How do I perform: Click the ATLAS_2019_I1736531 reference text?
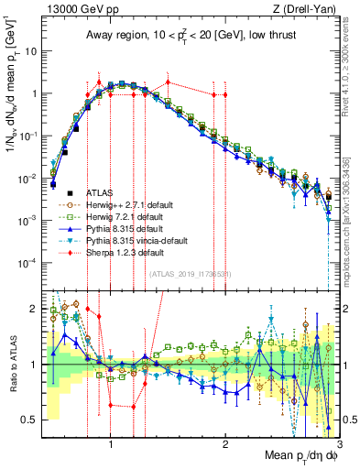[x=190, y=274]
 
